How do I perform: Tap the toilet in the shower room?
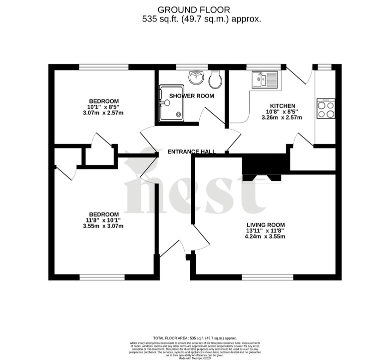tap(216, 79)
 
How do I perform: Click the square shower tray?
tap(171, 103)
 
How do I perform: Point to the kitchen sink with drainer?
tap(265, 79)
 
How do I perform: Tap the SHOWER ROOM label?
tap(191, 95)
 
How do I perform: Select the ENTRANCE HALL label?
tap(191, 152)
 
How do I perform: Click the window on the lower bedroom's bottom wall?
tap(102, 276)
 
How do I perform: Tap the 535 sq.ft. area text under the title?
tap(202, 19)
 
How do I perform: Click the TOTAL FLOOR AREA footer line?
tap(195, 338)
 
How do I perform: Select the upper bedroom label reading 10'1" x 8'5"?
tap(104, 106)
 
